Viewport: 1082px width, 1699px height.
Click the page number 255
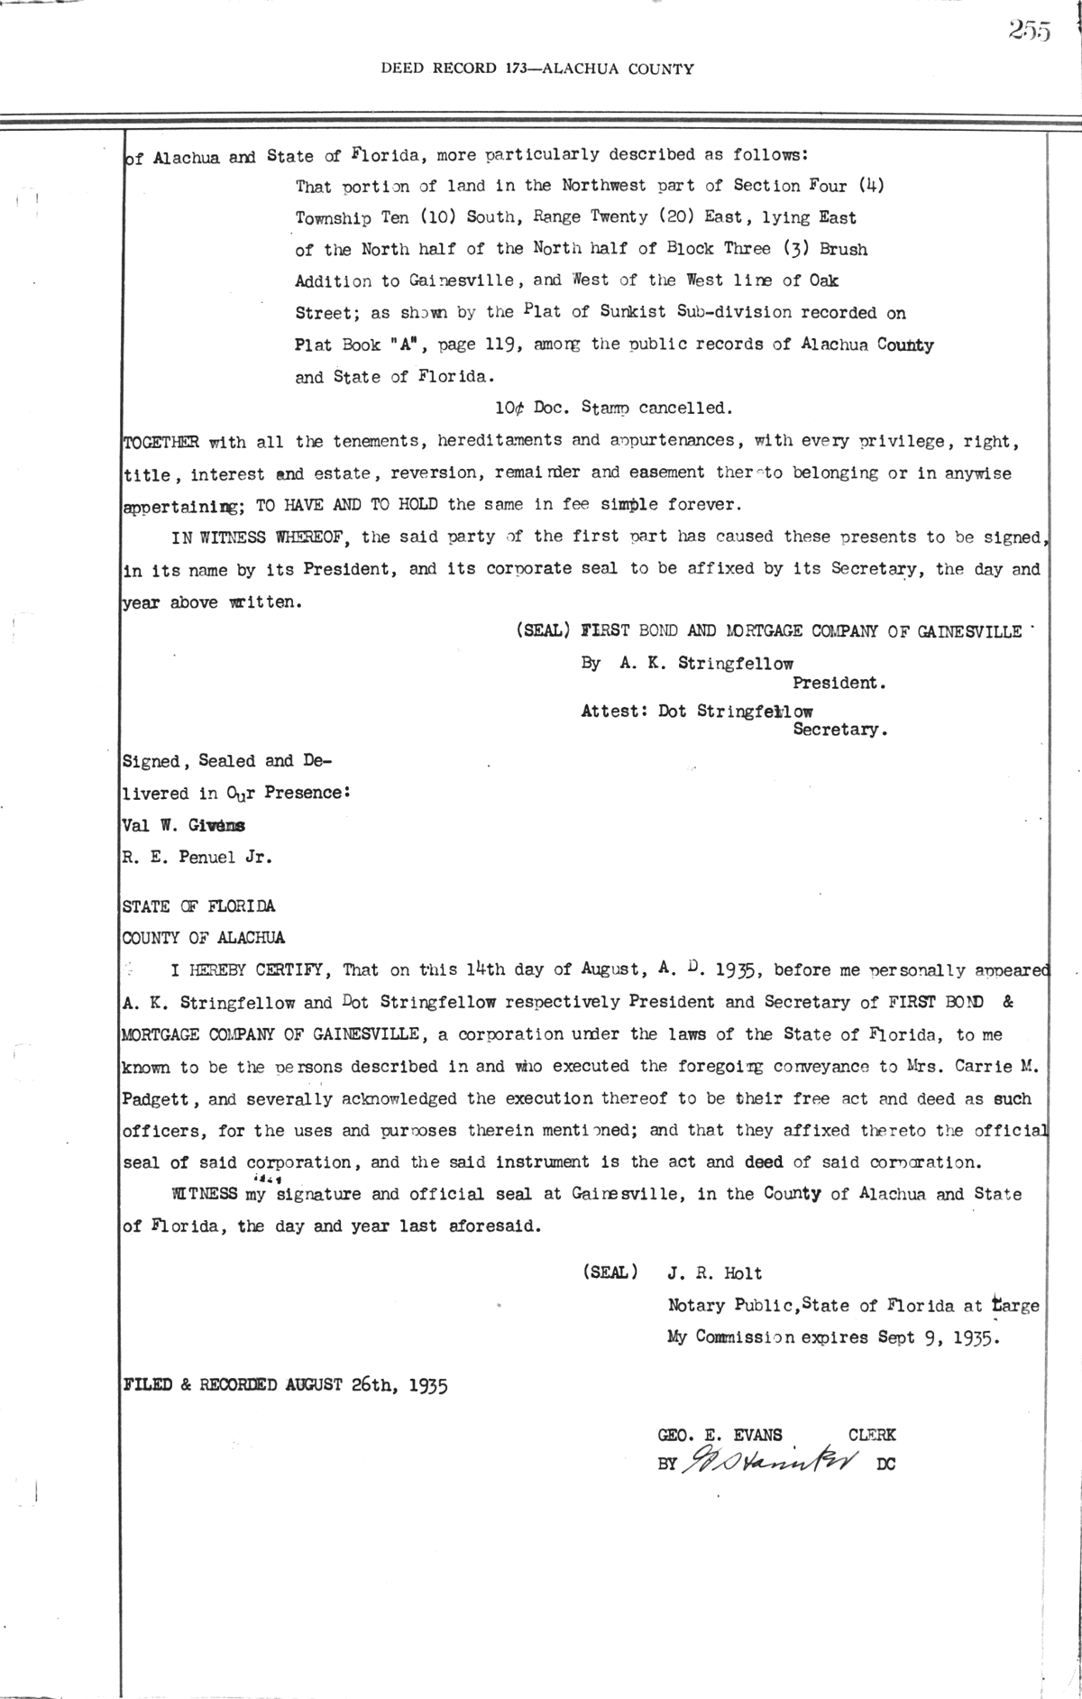[x=1030, y=32]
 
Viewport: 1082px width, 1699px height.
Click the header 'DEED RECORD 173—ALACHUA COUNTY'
[x=537, y=68]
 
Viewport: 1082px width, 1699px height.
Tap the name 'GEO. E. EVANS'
[x=720, y=1435]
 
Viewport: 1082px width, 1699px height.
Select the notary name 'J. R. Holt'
[x=714, y=1273]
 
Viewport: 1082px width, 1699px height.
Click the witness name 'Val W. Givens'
[x=182, y=825]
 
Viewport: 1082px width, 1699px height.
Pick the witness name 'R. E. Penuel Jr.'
[x=197, y=858]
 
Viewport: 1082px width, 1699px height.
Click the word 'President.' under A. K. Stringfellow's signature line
[x=839, y=683]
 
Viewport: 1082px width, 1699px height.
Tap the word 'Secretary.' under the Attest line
[x=840, y=730]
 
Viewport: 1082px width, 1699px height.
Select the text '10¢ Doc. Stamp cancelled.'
[x=613, y=408]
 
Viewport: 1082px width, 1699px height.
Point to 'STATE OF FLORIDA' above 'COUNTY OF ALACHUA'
[x=198, y=906]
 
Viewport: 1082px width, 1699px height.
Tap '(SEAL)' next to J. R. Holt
[x=610, y=1273]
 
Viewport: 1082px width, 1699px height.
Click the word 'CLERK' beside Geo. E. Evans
[x=872, y=1435]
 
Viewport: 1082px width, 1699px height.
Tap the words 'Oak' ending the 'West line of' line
[x=821, y=280]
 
